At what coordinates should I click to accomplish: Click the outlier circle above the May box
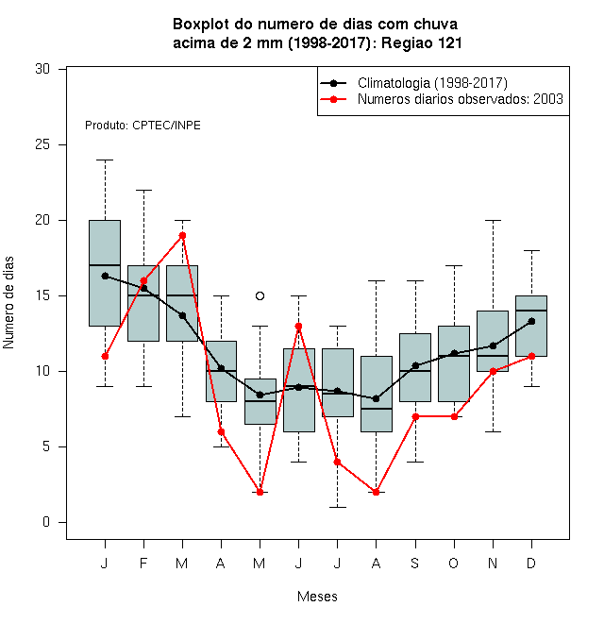[260, 296]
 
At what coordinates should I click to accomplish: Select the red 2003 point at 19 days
[182, 236]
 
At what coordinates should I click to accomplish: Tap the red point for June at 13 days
[298, 327]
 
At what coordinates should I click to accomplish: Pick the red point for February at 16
[143, 281]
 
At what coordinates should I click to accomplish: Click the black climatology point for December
[531, 322]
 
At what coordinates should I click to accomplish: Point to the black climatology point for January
[106, 276]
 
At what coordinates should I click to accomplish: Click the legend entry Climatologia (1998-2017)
[414, 83]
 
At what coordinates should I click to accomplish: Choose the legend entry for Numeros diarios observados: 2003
[442, 99]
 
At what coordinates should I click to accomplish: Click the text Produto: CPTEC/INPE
[143, 126]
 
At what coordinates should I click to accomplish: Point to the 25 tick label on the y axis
[42, 144]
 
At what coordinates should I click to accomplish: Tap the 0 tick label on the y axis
[46, 522]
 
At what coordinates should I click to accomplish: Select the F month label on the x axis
[143, 563]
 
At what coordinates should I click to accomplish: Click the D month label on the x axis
[531, 563]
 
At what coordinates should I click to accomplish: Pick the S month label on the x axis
[415, 563]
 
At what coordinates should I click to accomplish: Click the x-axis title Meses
[317, 597]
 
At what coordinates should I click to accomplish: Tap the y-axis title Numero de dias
[8, 303]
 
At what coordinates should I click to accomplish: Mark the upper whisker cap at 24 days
[106, 160]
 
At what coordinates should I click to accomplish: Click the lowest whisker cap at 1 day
[337, 508]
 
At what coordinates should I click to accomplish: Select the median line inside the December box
[531, 311]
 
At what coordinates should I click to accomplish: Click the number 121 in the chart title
[450, 42]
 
